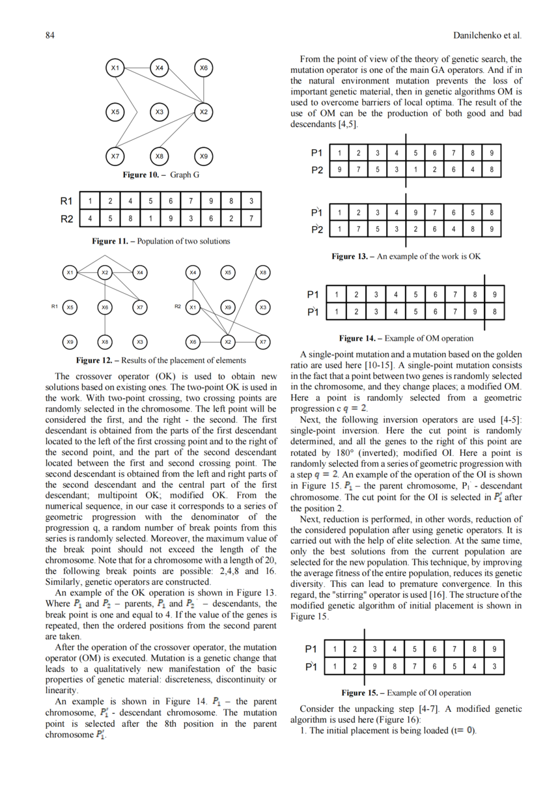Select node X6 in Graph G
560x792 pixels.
point(204,68)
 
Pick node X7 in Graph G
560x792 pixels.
point(115,156)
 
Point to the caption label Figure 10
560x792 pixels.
point(145,176)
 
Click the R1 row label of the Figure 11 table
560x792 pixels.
point(66,201)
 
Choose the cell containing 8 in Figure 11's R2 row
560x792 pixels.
point(131,218)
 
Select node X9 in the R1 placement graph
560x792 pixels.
point(70,341)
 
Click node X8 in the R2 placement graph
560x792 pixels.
point(262,272)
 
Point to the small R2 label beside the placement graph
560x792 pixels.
point(177,306)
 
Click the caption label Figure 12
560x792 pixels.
point(98,360)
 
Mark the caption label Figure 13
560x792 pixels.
point(353,257)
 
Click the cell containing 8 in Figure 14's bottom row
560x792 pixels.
point(494,311)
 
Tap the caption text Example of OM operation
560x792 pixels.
point(429,339)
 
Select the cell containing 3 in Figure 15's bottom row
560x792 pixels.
point(494,666)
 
